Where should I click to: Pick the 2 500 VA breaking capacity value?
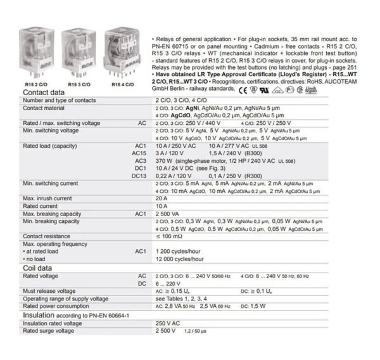coord(167,214)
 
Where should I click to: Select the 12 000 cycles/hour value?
coord(180,259)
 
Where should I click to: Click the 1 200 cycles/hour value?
coord(178,251)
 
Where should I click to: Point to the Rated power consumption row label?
coord(61,305)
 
